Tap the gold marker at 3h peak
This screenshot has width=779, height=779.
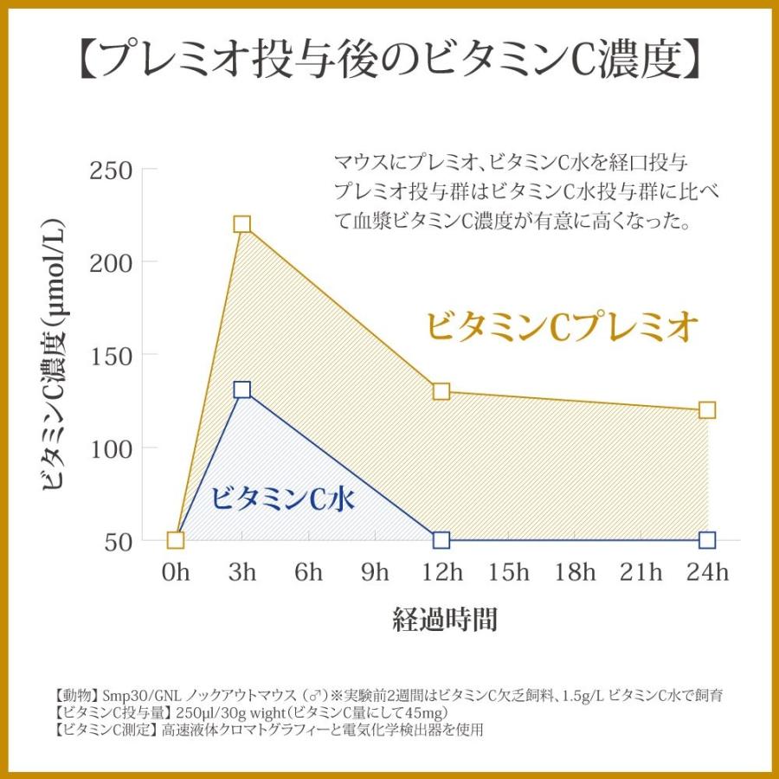tap(242, 224)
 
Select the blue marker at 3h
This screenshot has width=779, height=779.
tap(242, 390)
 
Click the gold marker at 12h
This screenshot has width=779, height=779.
tap(441, 391)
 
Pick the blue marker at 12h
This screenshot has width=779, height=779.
tap(441, 540)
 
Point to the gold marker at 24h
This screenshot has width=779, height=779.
tap(707, 409)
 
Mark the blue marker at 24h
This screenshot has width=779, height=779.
tap(707, 540)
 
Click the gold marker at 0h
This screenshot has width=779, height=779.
tap(176, 540)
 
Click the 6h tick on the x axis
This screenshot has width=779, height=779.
tap(309, 573)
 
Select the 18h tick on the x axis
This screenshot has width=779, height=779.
tap(575, 573)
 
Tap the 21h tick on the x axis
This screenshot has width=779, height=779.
tap(641, 573)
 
